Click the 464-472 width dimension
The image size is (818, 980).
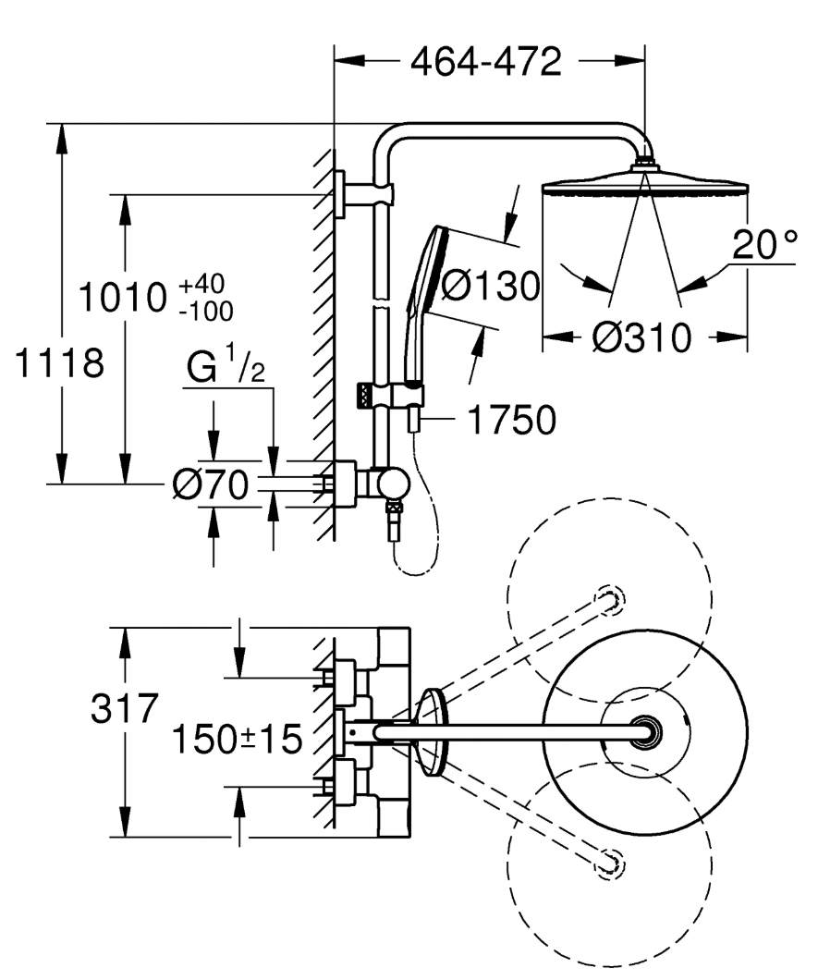486,61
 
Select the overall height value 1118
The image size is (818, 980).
59,363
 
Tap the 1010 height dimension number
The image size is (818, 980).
123,298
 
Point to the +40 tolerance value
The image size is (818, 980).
201,284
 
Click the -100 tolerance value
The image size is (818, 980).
206,311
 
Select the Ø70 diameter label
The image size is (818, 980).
211,484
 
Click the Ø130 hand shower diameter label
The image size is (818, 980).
490,286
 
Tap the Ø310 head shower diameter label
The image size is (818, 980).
641,337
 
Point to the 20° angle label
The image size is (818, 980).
765,244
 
